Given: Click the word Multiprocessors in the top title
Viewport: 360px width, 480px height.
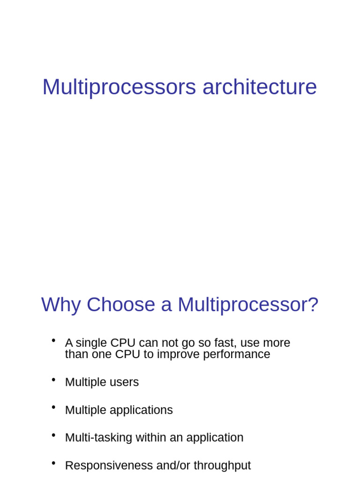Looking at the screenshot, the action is tap(119, 88).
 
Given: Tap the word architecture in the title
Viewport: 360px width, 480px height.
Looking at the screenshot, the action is tap(260, 87).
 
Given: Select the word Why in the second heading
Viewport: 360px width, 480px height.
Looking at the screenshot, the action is tap(61, 305).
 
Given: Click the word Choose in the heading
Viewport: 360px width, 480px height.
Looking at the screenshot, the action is tap(121, 304).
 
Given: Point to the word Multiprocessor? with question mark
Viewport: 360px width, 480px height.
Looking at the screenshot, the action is tap(248, 305).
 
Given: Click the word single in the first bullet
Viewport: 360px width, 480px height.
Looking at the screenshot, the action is tap(91, 343).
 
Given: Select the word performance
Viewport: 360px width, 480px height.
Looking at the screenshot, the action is tap(237, 354).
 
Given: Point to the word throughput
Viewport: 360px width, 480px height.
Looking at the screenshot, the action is tap(222, 466).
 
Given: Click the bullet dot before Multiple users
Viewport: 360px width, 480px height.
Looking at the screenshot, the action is tap(53, 380).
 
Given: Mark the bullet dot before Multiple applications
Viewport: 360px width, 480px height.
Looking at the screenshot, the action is tap(53, 407).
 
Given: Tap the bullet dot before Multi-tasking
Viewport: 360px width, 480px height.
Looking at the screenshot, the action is tap(53, 435).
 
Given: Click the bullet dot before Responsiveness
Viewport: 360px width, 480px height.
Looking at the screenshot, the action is tap(53, 463).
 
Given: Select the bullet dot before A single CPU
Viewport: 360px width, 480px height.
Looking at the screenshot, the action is tap(53, 340).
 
